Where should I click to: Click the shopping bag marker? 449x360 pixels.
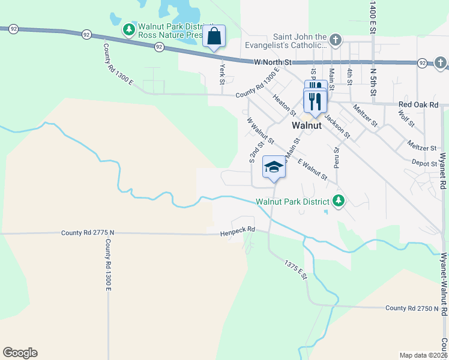tap(214, 37)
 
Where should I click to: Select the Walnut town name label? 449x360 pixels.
tap(307, 126)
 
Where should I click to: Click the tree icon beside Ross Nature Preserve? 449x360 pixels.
tap(128, 30)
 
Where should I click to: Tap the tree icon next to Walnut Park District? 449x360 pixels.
tap(339, 200)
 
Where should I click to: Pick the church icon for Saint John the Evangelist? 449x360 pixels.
tap(335, 40)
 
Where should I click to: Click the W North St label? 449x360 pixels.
tap(272, 62)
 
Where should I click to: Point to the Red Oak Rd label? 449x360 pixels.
tap(419, 104)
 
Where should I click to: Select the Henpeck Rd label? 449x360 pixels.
tap(237, 230)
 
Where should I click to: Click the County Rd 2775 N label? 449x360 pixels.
tap(87, 232)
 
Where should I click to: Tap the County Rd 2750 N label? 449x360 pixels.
tap(412, 308)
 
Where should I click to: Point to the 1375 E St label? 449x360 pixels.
tap(295, 268)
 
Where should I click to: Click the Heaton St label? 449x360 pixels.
tap(284, 104)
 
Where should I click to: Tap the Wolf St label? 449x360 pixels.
tap(406, 119)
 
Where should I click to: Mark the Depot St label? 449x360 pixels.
tap(424, 163)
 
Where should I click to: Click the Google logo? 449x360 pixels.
tap(20, 352)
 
